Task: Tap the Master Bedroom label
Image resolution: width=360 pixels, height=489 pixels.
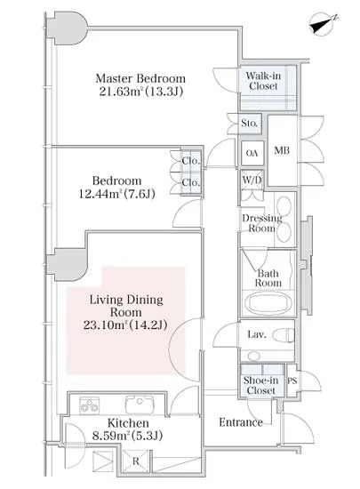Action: pos(140,78)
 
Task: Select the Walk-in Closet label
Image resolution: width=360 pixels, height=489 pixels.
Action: pos(263,81)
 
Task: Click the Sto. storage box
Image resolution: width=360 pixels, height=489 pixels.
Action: pos(250,124)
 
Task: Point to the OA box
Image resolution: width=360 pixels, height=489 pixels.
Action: pos(252,153)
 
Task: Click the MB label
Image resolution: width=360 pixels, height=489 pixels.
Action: pos(282,150)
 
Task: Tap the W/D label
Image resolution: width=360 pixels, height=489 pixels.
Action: pos(252,180)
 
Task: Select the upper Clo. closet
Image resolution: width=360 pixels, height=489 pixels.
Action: pos(191,161)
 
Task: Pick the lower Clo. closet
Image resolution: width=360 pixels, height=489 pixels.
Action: pos(191,183)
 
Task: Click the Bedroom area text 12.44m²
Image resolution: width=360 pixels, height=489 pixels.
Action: pos(100,195)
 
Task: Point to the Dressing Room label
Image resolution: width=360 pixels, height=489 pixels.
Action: pos(262,223)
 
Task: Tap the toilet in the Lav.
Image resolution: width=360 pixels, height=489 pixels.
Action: pos(284,336)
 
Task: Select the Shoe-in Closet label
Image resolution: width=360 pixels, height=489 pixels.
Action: pos(260,385)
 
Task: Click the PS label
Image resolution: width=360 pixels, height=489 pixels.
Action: pos(292,381)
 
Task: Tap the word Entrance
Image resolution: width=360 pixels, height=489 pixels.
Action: pos(241,422)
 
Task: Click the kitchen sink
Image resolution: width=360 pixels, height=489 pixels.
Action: pos(140,405)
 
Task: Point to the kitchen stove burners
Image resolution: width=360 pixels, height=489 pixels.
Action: pos(89,405)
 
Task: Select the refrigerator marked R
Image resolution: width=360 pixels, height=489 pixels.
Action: pos(135,461)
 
